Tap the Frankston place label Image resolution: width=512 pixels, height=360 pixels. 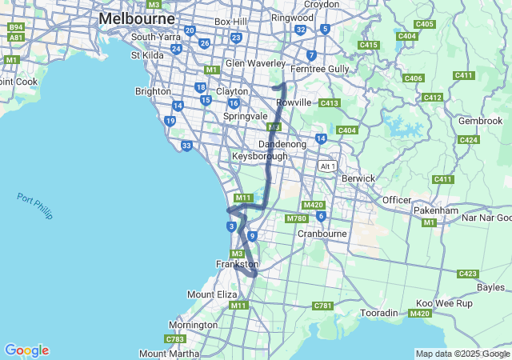(x=238, y=264)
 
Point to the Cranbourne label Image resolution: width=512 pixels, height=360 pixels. (x=322, y=234)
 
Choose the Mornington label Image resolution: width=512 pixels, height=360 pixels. (x=193, y=325)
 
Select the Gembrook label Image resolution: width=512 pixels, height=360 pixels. (x=480, y=121)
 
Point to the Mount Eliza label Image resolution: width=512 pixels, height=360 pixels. (x=212, y=294)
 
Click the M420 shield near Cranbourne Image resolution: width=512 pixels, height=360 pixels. (x=313, y=205)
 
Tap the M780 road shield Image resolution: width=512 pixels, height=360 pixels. (x=296, y=218)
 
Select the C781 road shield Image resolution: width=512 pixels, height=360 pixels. (x=322, y=306)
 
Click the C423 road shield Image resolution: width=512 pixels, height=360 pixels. (x=468, y=274)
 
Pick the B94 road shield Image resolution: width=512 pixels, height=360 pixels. (x=16, y=26)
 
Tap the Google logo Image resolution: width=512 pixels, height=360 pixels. (x=26, y=350)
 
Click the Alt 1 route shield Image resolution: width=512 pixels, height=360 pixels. (x=326, y=166)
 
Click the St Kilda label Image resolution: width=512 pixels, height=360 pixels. (x=147, y=54)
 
